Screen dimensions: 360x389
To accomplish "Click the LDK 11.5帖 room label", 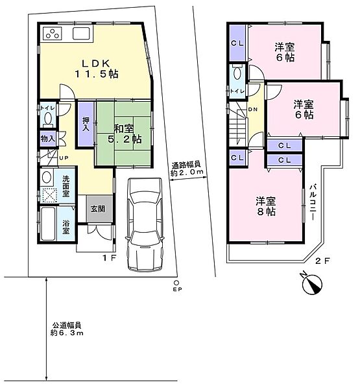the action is click(97, 69).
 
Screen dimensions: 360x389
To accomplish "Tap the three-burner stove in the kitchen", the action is click(53, 33).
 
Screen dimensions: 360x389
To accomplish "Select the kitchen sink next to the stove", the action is click(81, 33).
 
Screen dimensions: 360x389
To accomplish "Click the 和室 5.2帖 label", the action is click(125, 134).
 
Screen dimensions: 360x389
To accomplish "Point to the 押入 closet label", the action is click(86, 124).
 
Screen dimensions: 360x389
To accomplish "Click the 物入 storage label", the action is click(48, 139).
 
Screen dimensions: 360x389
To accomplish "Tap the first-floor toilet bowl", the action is click(47, 119).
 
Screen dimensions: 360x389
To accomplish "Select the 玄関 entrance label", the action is click(97, 209).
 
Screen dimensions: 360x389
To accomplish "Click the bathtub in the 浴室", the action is click(48, 224).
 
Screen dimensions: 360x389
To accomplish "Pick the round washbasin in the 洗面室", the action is click(47, 177).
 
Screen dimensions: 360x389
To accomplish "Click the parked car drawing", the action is click(145, 224).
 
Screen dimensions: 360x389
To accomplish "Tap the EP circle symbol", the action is click(176, 283).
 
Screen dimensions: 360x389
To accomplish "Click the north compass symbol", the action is click(311, 283).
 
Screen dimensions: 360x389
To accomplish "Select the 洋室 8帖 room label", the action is click(266, 206).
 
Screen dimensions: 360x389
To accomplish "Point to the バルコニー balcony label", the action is click(313, 202).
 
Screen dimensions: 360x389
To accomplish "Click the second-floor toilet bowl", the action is click(237, 72).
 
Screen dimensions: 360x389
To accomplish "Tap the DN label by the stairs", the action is click(253, 110).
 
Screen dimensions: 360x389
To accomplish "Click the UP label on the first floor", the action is click(64, 158).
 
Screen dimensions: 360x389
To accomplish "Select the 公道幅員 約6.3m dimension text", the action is click(67, 329).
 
